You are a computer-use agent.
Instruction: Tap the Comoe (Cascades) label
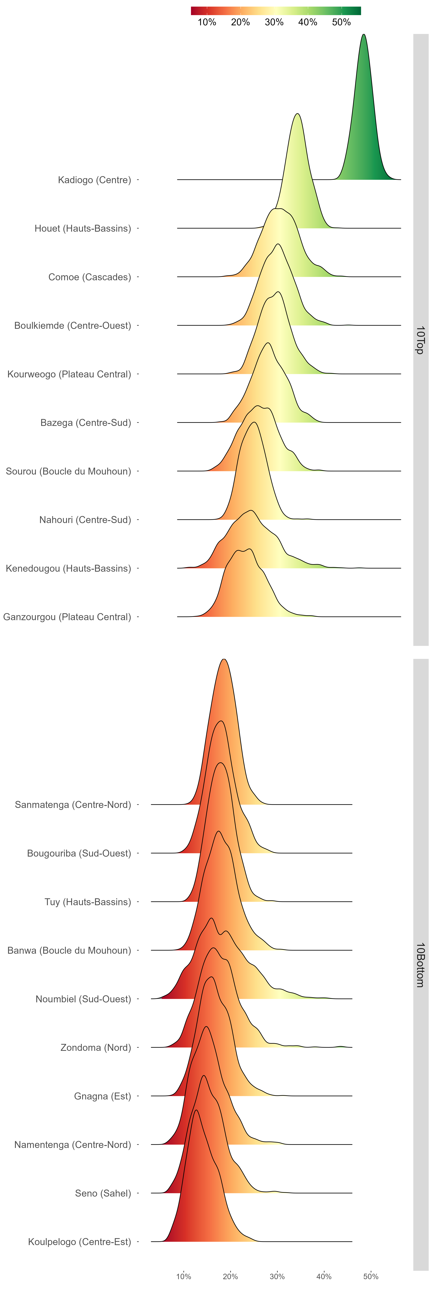pos(90,277)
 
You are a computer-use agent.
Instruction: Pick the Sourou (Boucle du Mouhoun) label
pos(68,472)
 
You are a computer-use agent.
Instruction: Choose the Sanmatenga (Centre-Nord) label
pos(73,805)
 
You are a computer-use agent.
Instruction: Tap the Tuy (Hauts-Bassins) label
pos(88,902)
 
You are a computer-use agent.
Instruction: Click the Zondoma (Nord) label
pos(96,1048)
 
